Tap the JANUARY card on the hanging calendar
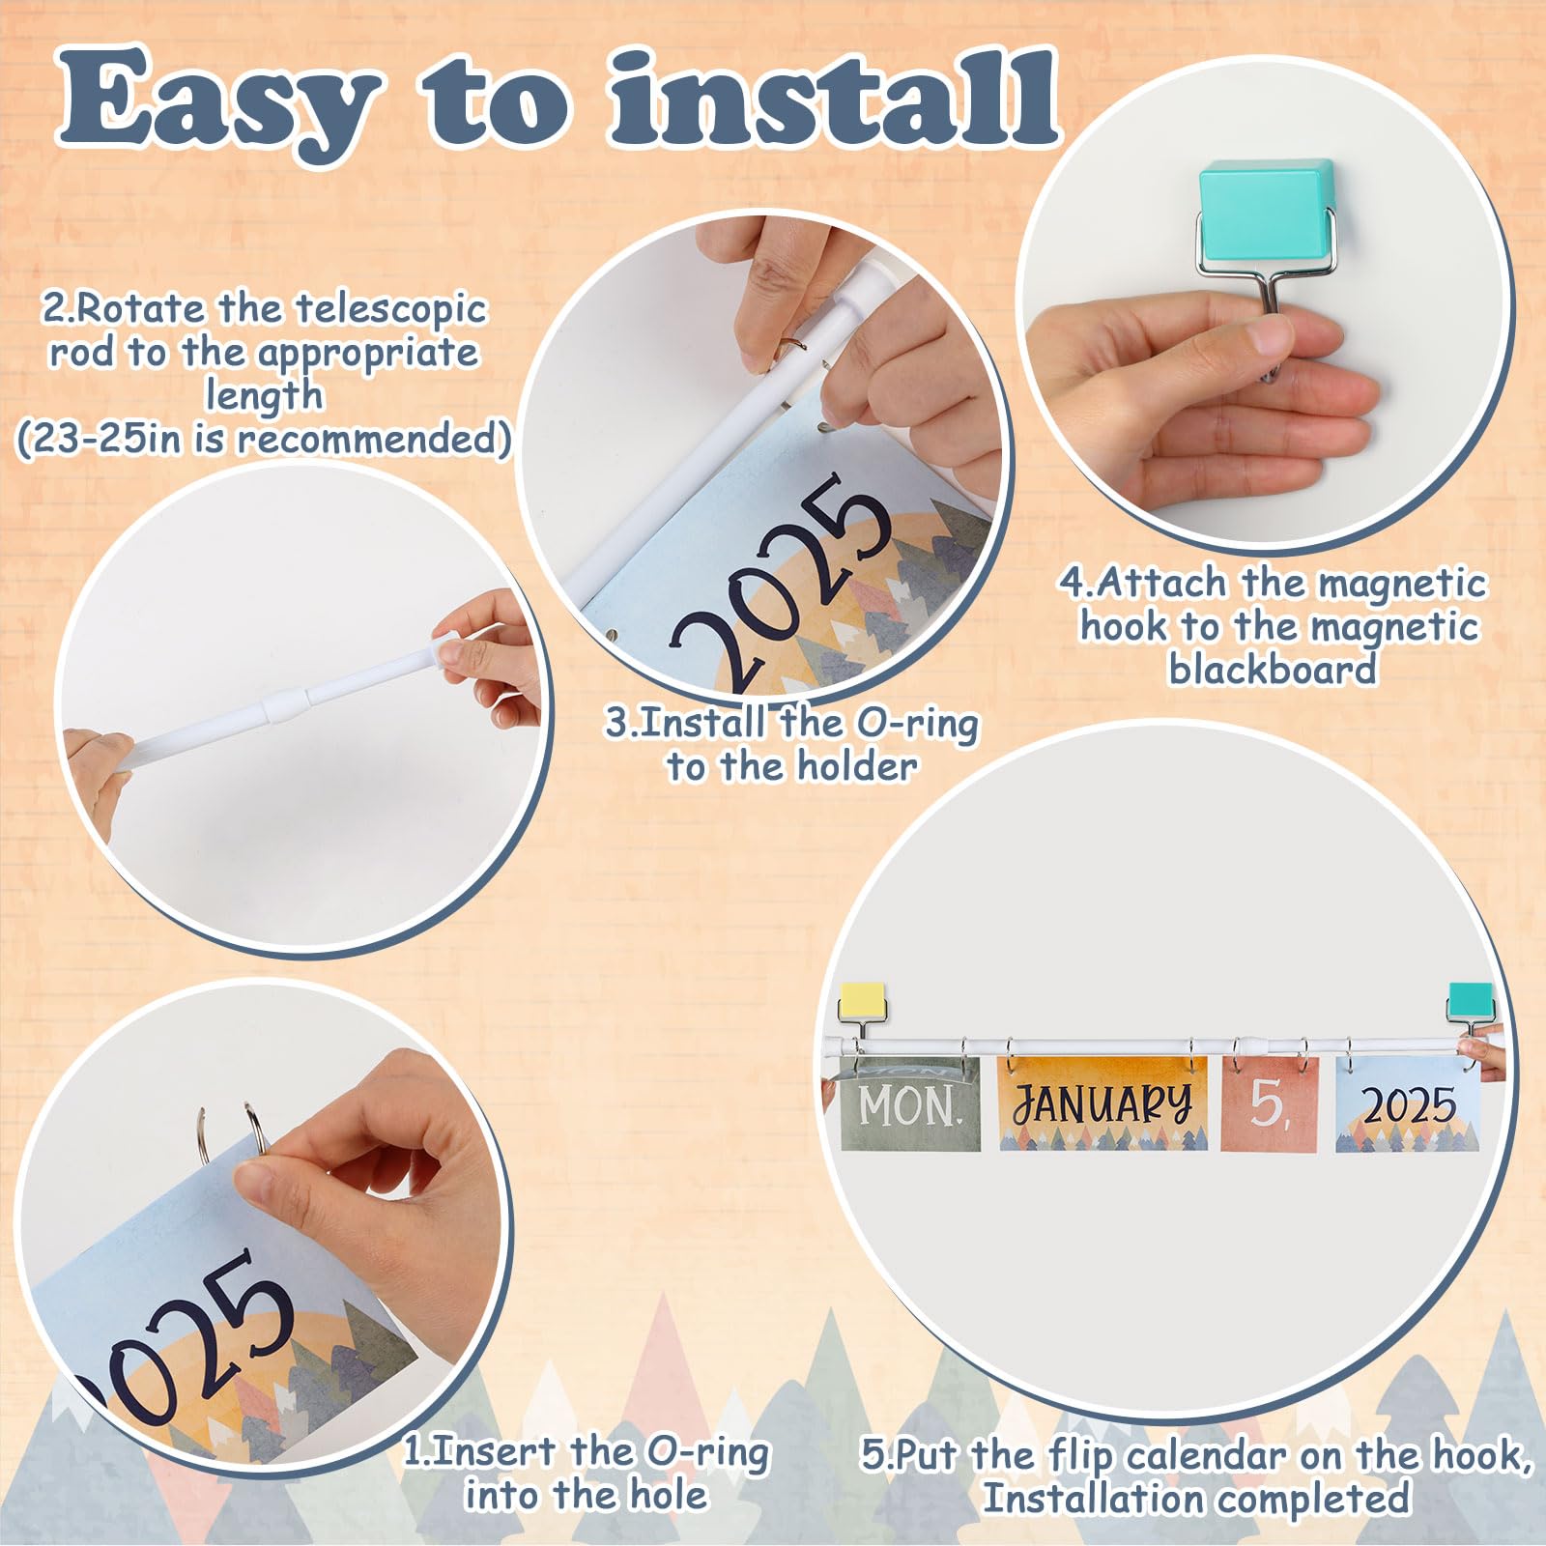pyautogui.click(x=1102, y=1103)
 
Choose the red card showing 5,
pyautogui.click(x=1270, y=1103)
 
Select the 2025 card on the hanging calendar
pyautogui.click(x=1408, y=1103)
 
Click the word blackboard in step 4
pyautogui.click(x=1273, y=669)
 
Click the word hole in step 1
pyautogui.click(x=669, y=1495)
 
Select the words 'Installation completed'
pyautogui.click(x=1196, y=1499)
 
